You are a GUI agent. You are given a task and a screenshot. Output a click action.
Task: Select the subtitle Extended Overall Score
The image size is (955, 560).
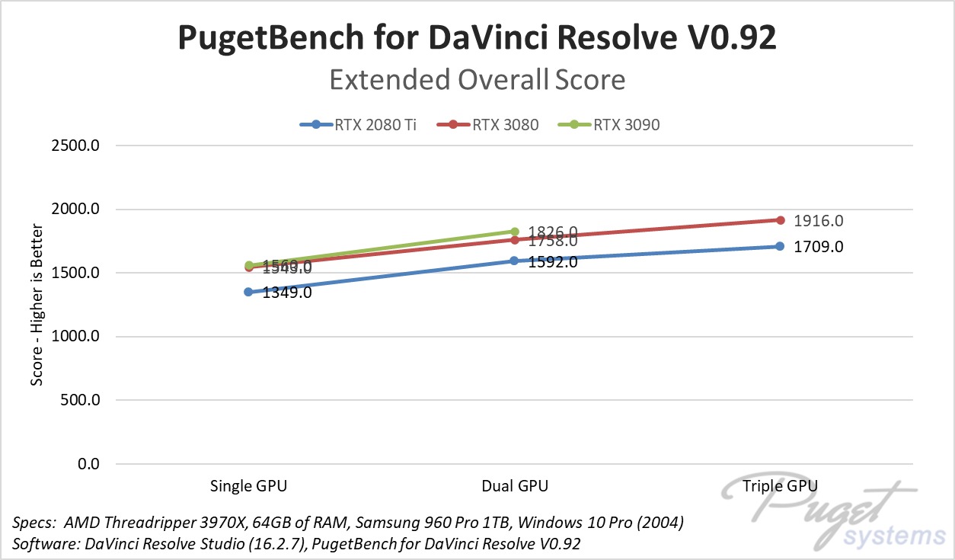coord(477,79)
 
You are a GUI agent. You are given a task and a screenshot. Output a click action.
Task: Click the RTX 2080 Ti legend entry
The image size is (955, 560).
coord(359,125)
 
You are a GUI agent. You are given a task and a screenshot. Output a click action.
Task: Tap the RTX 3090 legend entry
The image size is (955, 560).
coord(617,125)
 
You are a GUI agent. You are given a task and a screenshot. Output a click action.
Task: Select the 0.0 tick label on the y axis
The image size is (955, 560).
coord(88,464)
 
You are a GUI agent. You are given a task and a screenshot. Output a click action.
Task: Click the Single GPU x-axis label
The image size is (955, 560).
coord(249,486)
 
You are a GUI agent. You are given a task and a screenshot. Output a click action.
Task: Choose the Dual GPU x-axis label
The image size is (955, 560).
coord(514,486)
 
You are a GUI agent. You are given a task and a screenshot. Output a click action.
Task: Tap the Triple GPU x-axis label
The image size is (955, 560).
coord(780,486)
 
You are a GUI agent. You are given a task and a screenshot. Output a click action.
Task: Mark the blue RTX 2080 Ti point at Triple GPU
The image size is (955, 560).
coord(780,246)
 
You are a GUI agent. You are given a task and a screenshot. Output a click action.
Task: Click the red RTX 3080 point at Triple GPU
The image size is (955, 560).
coord(780,220)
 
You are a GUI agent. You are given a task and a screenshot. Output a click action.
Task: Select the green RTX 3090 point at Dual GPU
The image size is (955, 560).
coord(515,232)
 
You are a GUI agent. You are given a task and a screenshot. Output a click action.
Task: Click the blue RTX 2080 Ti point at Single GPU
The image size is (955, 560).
coord(248,292)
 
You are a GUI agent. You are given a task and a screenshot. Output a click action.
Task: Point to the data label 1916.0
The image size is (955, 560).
coord(818,221)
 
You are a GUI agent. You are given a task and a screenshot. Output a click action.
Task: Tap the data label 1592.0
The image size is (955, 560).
coord(553,262)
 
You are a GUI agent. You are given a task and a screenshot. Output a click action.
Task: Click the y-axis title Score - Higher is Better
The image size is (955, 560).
coord(37,304)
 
